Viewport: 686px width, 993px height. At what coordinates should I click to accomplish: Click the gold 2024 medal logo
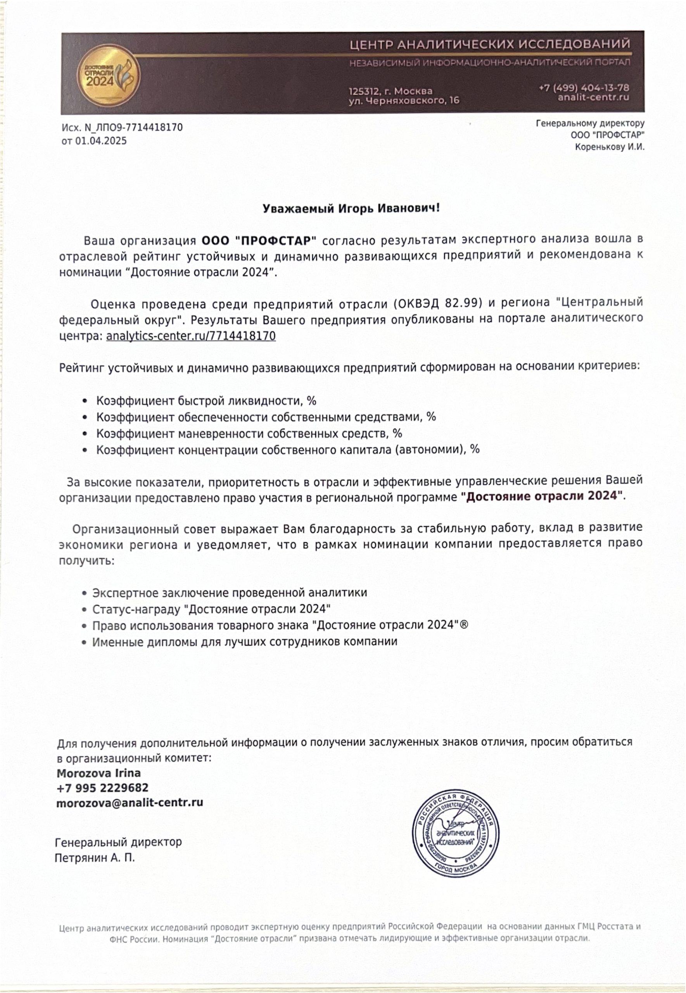108,76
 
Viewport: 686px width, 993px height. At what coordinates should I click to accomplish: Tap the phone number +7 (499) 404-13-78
584,88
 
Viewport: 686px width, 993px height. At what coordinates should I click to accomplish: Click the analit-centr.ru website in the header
593,98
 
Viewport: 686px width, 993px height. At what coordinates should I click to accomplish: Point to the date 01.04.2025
101,141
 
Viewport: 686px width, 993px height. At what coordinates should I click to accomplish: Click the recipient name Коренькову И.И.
610,147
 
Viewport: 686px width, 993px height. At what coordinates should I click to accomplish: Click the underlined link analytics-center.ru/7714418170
191,336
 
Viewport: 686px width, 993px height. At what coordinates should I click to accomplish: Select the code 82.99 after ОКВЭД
462,303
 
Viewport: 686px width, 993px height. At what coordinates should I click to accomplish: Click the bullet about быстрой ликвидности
206,401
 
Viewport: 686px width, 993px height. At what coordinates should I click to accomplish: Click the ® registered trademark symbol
464,625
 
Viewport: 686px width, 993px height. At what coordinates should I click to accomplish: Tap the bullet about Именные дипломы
245,642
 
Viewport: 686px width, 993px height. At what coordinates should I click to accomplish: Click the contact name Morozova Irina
99,773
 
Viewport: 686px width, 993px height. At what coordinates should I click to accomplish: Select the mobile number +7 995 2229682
102,788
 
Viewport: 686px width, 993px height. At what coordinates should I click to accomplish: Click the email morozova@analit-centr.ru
130,803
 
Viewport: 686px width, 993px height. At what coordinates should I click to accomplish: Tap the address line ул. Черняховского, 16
404,100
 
